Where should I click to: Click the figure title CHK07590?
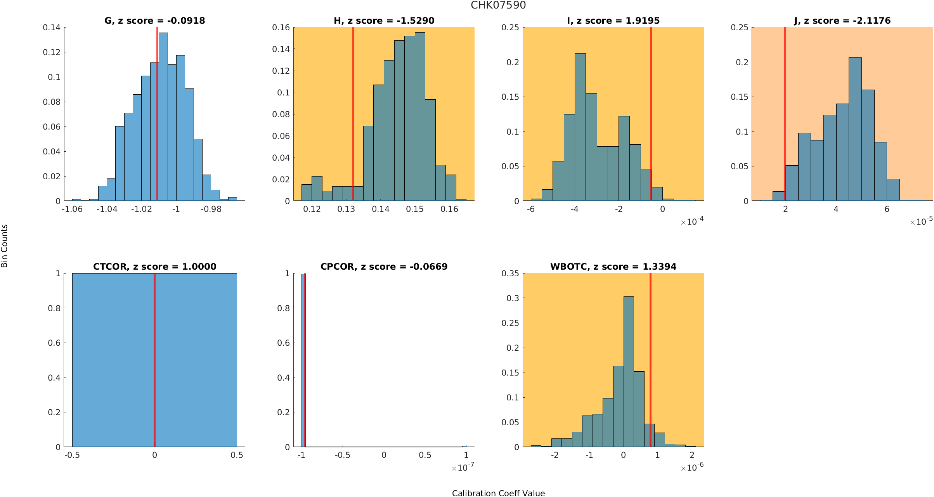point(498,5)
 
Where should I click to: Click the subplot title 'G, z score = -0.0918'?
point(154,21)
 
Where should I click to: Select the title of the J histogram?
point(842,21)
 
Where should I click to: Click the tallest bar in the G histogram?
point(163,116)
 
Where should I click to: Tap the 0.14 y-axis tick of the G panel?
point(52,27)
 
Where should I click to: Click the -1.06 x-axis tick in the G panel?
point(72,209)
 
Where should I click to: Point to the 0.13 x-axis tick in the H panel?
point(346,209)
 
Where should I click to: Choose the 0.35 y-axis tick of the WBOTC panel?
point(510,274)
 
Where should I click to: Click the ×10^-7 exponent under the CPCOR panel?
point(463,468)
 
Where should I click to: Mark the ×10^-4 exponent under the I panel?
point(692,222)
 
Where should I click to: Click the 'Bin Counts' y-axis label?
point(5,246)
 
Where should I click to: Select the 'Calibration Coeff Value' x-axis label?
point(498,493)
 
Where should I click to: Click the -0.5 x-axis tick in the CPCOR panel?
point(343,455)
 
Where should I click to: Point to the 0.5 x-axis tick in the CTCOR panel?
point(237,455)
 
